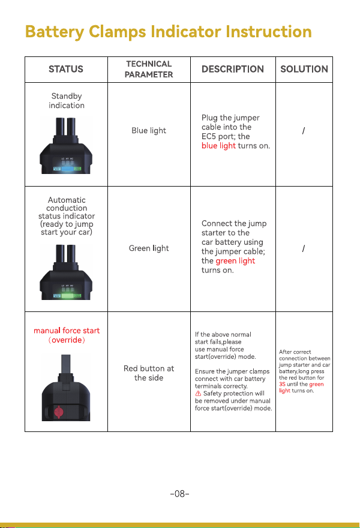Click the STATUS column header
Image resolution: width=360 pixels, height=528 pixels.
coord(66,69)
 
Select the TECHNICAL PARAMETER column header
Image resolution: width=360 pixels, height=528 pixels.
coord(149,69)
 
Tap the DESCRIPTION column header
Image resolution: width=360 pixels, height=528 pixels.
coord(233,69)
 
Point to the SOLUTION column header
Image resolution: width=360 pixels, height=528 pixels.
coord(304,69)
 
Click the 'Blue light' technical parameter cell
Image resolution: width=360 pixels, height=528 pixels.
coord(149,130)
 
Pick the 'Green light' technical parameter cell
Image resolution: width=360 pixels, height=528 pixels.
coord(149,248)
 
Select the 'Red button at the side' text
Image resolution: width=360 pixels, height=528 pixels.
coord(149,373)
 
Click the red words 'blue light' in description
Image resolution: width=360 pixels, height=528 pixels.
coord(218,145)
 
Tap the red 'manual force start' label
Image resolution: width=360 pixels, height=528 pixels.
coord(67,331)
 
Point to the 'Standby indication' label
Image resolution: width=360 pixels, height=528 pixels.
coord(67,101)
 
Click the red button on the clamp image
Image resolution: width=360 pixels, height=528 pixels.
coord(59,412)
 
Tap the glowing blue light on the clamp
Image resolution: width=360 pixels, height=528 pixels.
coord(68,167)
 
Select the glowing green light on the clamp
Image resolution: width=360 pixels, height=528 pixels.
coord(67,296)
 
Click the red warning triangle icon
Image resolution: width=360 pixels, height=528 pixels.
coord(198,394)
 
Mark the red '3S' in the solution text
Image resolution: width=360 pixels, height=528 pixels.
coord(282,384)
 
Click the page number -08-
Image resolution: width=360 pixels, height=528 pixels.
coord(179,494)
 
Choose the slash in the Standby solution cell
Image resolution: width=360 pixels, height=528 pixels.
coord(304,130)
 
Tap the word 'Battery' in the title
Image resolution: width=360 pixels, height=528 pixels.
coord(55,32)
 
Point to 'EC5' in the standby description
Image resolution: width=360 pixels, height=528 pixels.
coord(209,136)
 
